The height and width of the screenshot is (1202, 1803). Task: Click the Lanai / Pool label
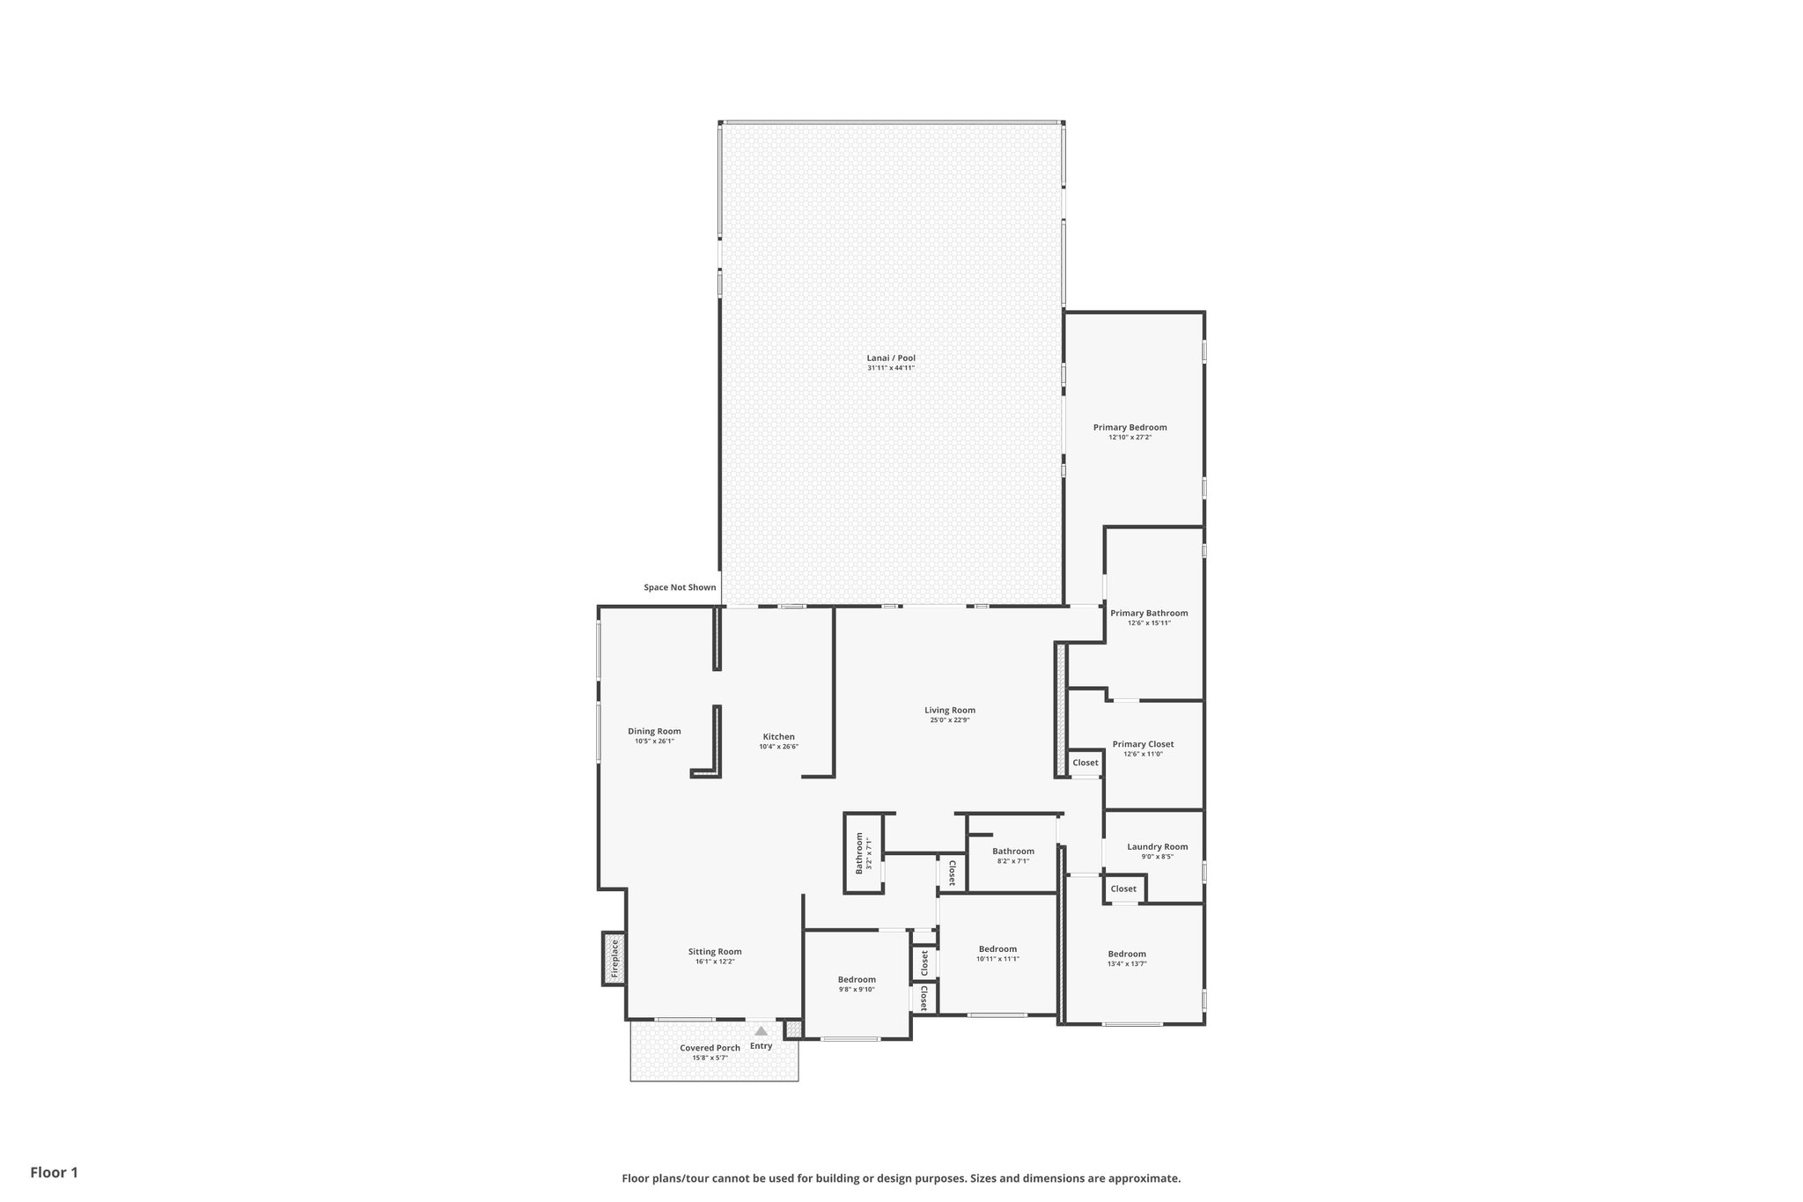click(x=891, y=358)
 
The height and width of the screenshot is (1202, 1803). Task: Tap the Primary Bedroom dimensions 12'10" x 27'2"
click(x=1130, y=438)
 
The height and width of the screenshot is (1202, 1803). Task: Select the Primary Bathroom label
click(x=1149, y=613)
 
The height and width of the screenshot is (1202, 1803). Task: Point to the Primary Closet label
click(x=1143, y=744)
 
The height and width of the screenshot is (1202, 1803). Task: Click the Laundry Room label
click(x=1157, y=846)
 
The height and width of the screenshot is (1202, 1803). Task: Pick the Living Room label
click(x=950, y=710)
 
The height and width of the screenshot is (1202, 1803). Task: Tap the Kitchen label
click(x=778, y=736)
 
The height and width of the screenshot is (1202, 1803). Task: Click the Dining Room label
click(x=654, y=731)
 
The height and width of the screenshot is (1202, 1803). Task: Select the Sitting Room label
click(x=715, y=951)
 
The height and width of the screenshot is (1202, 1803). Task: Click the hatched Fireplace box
click(x=614, y=958)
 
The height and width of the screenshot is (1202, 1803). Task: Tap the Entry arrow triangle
click(x=761, y=1030)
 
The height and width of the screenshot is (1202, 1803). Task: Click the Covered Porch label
click(x=710, y=1048)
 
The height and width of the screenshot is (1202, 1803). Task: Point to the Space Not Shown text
click(x=680, y=587)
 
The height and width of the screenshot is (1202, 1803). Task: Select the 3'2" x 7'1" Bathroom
click(x=864, y=853)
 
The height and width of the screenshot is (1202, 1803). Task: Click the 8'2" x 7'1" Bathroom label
click(x=1013, y=851)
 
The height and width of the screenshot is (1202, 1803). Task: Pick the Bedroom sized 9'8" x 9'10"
click(x=857, y=979)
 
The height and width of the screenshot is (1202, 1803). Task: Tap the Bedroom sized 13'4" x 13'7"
click(x=1127, y=954)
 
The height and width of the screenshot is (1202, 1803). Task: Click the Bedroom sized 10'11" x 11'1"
click(x=997, y=949)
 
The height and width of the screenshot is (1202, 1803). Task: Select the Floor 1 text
click(x=55, y=1172)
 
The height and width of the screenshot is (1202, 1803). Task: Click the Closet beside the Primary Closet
click(x=1085, y=763)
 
